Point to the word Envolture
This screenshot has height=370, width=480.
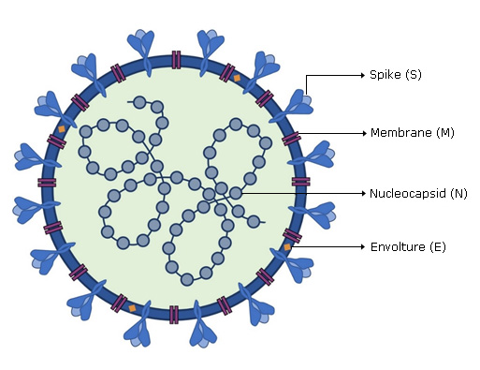(398, 247)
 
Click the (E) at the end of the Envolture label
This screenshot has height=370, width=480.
(438, 247)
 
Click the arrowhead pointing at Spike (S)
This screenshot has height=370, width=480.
(362, 75)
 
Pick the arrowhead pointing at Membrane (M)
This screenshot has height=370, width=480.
(364, 133)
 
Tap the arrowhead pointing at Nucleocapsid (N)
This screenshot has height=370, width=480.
(363, 194)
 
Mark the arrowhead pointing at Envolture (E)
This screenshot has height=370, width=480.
(362, 247)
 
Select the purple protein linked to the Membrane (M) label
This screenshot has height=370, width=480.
(291, 139)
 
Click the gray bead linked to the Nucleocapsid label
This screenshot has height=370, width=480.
(236, 193)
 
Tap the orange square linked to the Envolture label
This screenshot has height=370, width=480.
(287, 247)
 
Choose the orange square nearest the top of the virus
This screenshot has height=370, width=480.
(237, 78)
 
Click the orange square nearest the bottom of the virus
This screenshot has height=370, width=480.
(132, 308)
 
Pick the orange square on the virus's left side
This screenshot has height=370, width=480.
(62, 129)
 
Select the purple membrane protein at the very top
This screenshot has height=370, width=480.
(176, 60)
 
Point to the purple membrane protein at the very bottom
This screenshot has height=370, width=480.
(174, 315)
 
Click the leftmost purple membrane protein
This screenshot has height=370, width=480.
(47, 183)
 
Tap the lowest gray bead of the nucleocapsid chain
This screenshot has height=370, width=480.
(187, 279)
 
